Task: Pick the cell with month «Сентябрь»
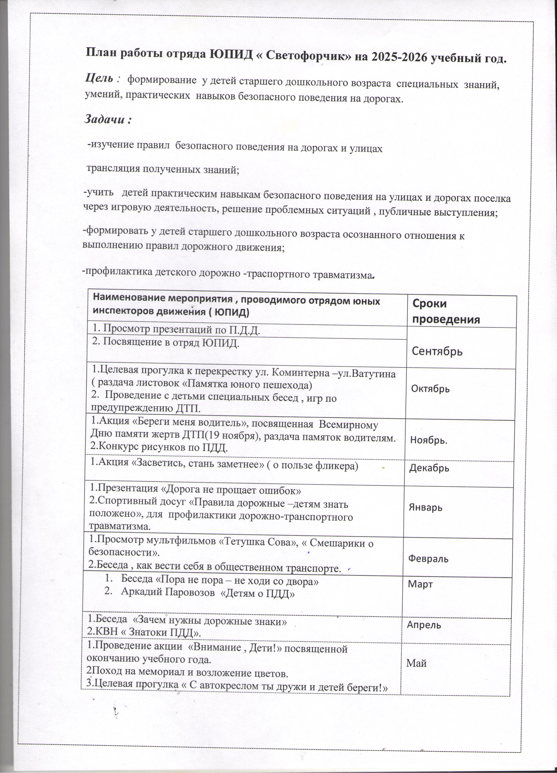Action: pyautogui.click(x=437, y=351)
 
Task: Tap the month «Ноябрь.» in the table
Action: pyautogui.click(x=429, y=440)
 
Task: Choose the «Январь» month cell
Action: pyautogui.click(x=425, y=507)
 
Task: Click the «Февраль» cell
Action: pyautogui.click(x=428, y=558)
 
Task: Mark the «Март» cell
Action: pyautogui.click(x=420, y=584)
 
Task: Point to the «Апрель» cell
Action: pyautogui.click(x=424, y=625)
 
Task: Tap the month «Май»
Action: pyautogui.click(x=416, y=663)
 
